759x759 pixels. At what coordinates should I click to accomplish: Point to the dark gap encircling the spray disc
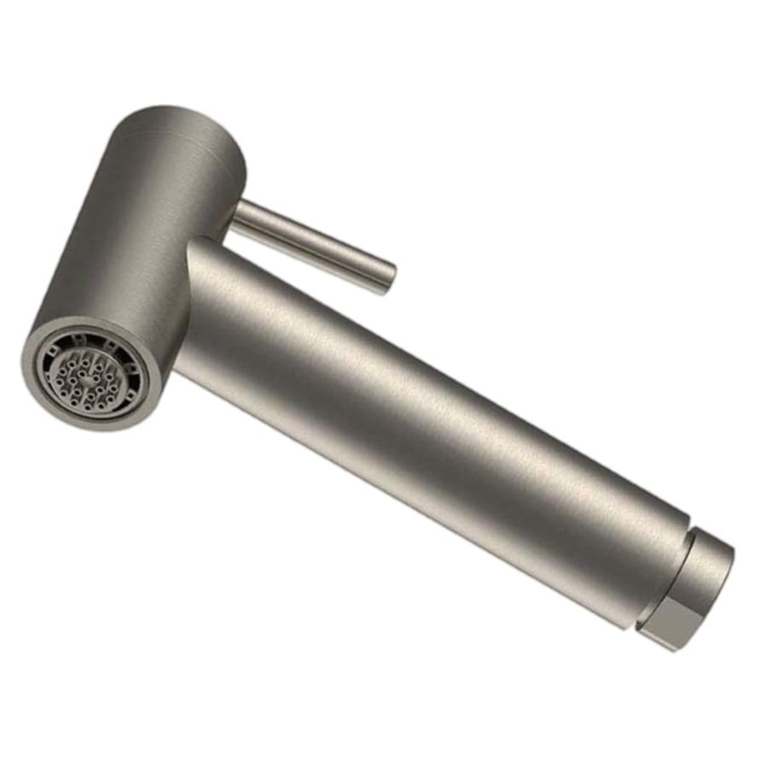coord(53,401)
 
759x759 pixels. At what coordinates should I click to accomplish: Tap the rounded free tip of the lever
coord(388,278)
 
